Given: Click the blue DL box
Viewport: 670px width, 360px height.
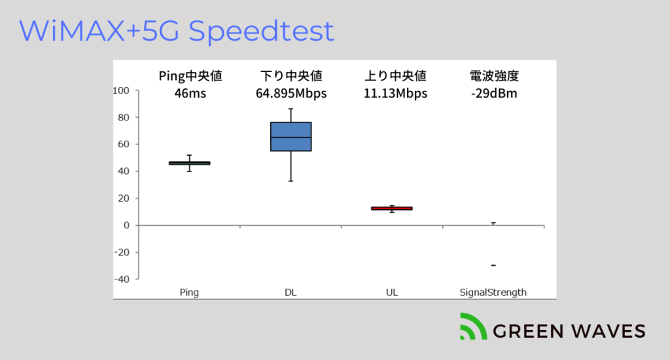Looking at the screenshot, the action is pos(291,136).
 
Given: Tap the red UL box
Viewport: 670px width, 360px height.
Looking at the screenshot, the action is pos(392,208).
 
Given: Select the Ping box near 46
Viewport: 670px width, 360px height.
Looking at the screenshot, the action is pos(189,163).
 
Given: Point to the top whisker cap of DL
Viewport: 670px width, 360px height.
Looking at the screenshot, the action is pos(291,109).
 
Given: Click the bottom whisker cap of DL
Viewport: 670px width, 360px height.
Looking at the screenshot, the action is pos(291,181).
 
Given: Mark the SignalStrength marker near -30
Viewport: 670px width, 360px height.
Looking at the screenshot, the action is pos(493,266).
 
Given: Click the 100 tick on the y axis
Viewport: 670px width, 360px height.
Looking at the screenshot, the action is pos(121,90).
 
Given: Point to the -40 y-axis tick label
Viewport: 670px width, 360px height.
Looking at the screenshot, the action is pos(121,279).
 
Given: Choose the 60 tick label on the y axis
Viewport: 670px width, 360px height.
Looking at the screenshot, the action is pos(124,144).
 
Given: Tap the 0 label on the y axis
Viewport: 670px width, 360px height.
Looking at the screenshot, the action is pos(126,225).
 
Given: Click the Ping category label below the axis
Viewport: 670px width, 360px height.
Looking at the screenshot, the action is pos(189,293).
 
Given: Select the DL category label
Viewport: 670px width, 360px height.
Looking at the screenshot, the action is pos(291,293).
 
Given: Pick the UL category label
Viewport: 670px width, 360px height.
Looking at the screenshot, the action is pos(392,293).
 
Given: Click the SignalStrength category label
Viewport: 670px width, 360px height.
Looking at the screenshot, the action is pos(493,293).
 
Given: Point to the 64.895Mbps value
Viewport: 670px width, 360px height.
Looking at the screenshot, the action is pos(291,93).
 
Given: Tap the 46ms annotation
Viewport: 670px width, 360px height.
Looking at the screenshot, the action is pos(190,93).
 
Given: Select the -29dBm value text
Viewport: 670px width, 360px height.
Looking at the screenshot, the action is pos(494,93).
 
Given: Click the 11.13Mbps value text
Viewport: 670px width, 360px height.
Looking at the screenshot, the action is pos(395,93).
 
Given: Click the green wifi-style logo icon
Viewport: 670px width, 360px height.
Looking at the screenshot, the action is pos(473,327).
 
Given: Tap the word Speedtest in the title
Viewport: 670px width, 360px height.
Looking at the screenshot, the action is pos(261,31).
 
